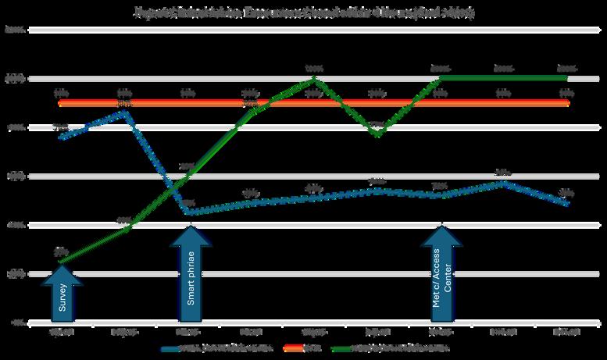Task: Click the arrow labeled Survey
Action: click(x=63, y=293)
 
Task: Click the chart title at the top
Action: click(x=303, y=13)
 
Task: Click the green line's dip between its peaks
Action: click(x=378, y=135)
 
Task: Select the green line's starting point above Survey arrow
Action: click(x=61, y=262)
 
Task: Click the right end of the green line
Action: click(x=567, y=77)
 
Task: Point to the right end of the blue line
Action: click(x=568, y=204)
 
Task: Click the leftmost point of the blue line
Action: click(x=61, y=137)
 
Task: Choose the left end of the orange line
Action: click(x=61, y=103)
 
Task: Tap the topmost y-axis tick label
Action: click(x=16, y=30)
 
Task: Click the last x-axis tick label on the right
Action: click(x=566, y=331)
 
